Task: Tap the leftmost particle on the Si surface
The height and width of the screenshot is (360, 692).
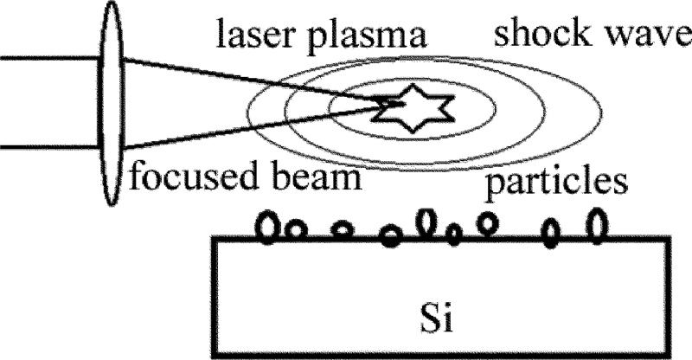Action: click(271, 227)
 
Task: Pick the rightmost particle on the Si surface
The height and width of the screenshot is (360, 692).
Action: click(596, 225)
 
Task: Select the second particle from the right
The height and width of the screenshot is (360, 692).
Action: click(550, 232)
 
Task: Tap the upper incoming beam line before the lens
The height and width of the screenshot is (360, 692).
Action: click(48, 58)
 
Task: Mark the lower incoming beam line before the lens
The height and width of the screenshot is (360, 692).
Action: click(48, 148)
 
